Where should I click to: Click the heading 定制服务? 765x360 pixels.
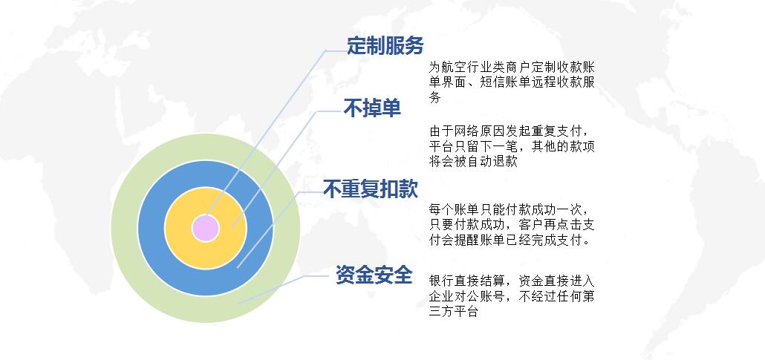click(x=385, y=46)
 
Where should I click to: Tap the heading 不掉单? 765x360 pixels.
click(x=372, y=109)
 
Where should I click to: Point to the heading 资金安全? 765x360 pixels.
click(x=374, y=275)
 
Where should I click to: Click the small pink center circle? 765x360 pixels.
click(x=206, y=229)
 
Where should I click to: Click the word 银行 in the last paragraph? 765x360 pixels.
click(x=441, y=281)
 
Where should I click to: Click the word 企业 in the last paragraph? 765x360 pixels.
click(x=441, y=297)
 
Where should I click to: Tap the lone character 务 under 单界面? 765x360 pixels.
click(x=435, y=97)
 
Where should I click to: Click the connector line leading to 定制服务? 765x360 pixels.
click(x=266, y=132)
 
